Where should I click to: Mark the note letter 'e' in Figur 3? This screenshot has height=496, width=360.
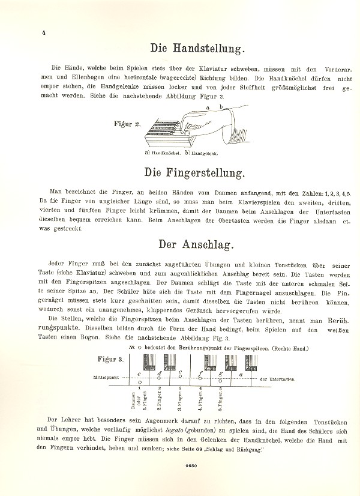pyautogui.click(x=181, y=373)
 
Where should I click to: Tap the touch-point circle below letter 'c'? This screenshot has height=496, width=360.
pyautogui.click(x=139, y=383)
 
